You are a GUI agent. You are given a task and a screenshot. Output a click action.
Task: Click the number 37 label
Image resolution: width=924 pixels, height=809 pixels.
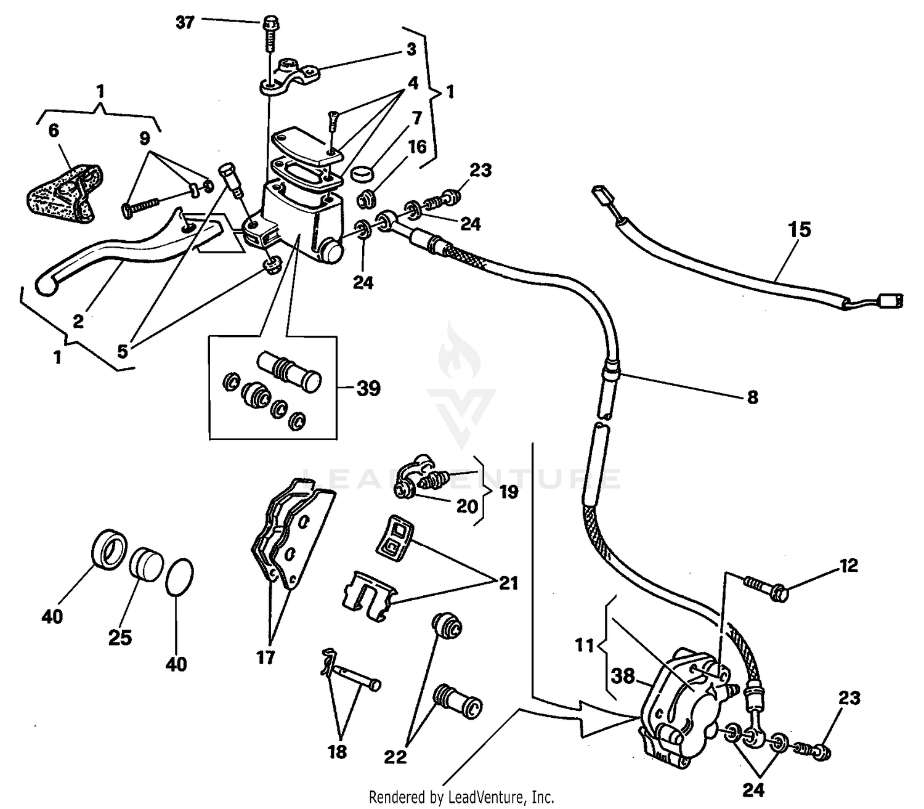(x=185, y=23)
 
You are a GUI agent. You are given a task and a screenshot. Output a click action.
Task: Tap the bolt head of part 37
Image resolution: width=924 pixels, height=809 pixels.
(x=269, y=22)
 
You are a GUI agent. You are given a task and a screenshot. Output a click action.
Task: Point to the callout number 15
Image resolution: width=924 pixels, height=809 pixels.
(x=799, y=230)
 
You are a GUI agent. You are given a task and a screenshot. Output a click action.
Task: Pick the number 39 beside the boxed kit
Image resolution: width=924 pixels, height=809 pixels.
(x=368, y=389)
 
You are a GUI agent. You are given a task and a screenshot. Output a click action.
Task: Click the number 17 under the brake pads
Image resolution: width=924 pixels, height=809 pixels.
(x=265, y=657)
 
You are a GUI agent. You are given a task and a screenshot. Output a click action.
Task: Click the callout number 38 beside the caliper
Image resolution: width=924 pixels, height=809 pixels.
(x=623, y=676)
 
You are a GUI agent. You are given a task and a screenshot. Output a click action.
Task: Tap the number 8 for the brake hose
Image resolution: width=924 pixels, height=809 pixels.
(x=752, y=397)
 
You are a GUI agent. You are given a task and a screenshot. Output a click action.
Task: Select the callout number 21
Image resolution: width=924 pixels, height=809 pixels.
(x=508, y=582)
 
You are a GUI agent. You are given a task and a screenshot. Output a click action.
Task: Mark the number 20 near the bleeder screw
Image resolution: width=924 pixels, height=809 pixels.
(x=467, y=506)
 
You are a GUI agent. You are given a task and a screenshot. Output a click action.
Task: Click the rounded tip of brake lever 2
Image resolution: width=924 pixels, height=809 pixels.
(x=45, y=285)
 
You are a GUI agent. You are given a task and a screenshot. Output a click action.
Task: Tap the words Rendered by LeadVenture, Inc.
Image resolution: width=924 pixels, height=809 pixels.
(x=461, y=797)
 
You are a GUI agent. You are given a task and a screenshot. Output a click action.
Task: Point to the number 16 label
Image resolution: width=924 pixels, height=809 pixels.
(x=417, y=147)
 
